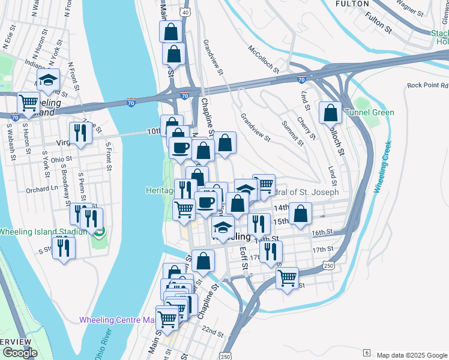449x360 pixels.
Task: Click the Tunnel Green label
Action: pyautogui.click(x=369, y=112)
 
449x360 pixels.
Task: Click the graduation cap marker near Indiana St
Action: pyautogui.click(x=48, y=80)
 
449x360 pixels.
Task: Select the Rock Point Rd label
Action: pyautogui.click(x=427, y=86)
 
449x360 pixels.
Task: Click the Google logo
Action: pyautogui.click(x=19, y=353)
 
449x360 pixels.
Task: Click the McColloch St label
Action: pyautogui.click(x=264, y=58)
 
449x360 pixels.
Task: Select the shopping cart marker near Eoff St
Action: pyautogui.click(x=288, y=277)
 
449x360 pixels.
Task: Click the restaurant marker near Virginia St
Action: pyautogui.click(x=80, y=134)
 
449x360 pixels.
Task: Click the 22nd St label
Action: pyautogui.click(x=213, y=331)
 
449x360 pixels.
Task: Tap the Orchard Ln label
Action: pyautogui.click(x=41, y=188)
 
